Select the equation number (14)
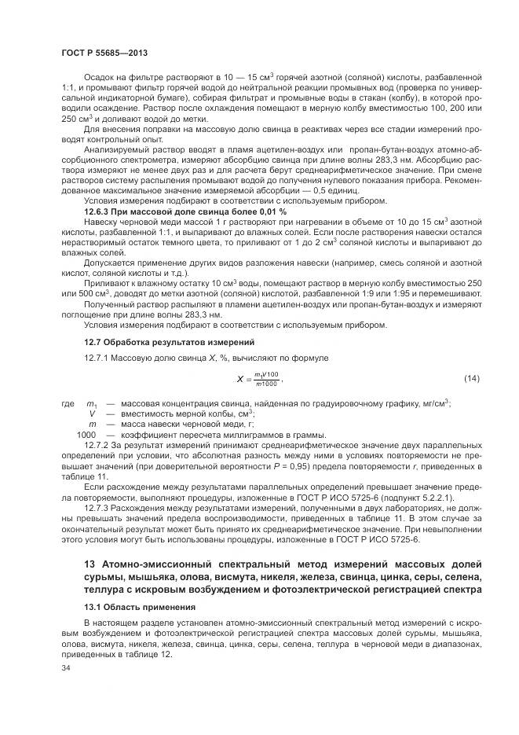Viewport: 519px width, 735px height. [471, 380]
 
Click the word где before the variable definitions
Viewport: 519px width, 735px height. [68, 404]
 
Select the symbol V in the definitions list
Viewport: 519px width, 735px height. [92, 413]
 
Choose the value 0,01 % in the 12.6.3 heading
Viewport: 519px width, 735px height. [272, 211]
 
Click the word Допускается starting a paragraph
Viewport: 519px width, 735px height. [108, 265]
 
